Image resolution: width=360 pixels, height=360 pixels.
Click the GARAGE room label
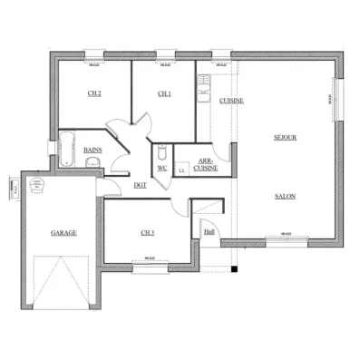63,233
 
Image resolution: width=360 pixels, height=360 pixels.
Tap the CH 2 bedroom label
93,93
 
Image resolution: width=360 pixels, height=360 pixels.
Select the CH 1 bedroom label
164,93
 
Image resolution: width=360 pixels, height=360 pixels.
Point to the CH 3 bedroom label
148,233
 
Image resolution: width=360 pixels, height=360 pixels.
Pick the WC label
163,167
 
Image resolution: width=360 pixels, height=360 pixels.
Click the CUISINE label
230,101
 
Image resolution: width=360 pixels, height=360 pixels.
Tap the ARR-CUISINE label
207,166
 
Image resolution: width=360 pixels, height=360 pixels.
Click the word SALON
285,195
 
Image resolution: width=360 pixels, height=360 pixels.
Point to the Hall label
209,231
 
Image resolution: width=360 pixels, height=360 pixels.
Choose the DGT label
140,185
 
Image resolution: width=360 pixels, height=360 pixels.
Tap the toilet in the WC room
161,151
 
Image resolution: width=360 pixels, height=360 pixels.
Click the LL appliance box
182,169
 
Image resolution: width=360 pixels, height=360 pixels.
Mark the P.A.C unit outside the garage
15,190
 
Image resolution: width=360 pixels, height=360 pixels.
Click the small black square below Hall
234,270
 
